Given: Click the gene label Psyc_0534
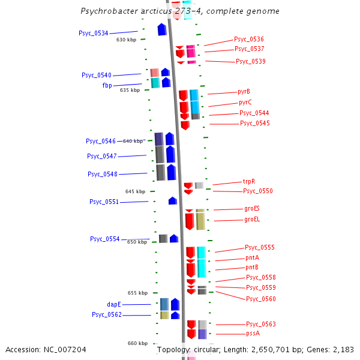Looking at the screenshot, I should (x=93, y=33).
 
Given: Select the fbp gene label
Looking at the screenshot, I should (x=107, y=85).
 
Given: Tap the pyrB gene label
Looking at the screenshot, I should (x=244, y=92).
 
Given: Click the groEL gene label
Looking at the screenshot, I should (x=252, y=220).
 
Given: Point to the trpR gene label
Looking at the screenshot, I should (x=249, y=181).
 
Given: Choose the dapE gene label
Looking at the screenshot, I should (x=114, y=304).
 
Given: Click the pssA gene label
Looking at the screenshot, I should (x=253, y=334).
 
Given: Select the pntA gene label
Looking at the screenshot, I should (x=252, y=257).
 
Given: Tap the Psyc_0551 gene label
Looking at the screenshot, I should (x=104, y=202).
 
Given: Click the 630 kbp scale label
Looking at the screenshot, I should (x=126, y=40).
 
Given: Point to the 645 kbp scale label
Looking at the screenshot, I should (x=135, y=191).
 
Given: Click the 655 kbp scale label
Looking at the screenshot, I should (x=137, y=293).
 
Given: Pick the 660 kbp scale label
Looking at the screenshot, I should (x=137, y=343).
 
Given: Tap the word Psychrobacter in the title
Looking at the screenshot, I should (x=110, y=11).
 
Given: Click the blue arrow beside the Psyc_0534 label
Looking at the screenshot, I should (x=162, y=29).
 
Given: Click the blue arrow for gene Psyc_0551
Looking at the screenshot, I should (x=173, y=200).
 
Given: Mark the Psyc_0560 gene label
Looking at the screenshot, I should (x=261, y=298).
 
